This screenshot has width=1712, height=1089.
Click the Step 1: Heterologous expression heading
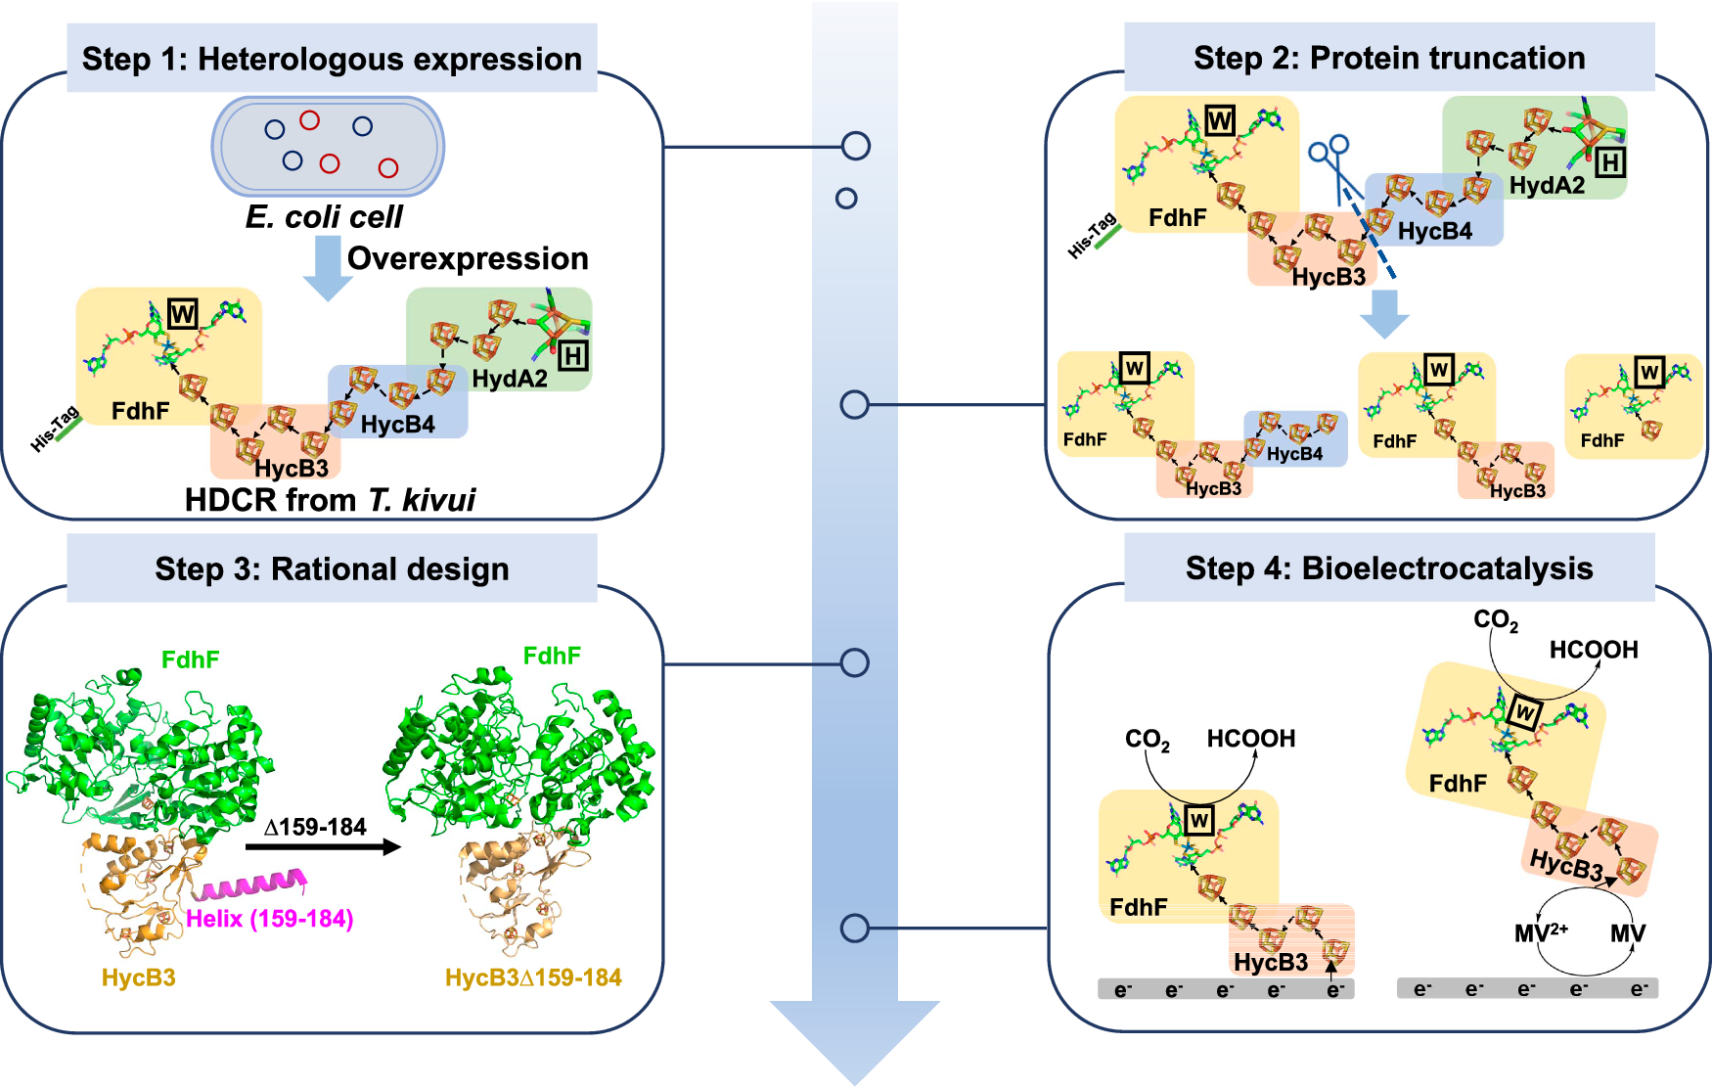tap(332, 59)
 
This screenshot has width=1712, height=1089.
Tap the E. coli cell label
tap(324, 216)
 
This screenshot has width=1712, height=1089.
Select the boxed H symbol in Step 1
tap(573, 356)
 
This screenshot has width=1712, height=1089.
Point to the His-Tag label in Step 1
tap(55, 430)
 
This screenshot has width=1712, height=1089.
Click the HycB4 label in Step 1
tap(397, 425)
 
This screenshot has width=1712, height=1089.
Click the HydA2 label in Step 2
tap(1547, 185)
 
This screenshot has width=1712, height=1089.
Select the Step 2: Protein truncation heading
tap(1389, 58)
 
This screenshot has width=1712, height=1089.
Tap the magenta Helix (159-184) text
tap(269, 919)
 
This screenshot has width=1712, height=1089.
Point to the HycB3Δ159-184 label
tap(533, 977)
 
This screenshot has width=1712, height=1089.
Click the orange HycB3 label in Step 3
tap(138, 977)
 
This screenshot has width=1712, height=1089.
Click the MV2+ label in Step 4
tap(1541, 933)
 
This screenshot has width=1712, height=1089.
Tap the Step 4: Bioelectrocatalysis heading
tap(1389, 568)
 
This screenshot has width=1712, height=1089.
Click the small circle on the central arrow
tap(846, 199)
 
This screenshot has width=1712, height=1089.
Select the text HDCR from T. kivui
tap(330, 500)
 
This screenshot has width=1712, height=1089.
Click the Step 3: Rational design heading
tap(332, 568)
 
